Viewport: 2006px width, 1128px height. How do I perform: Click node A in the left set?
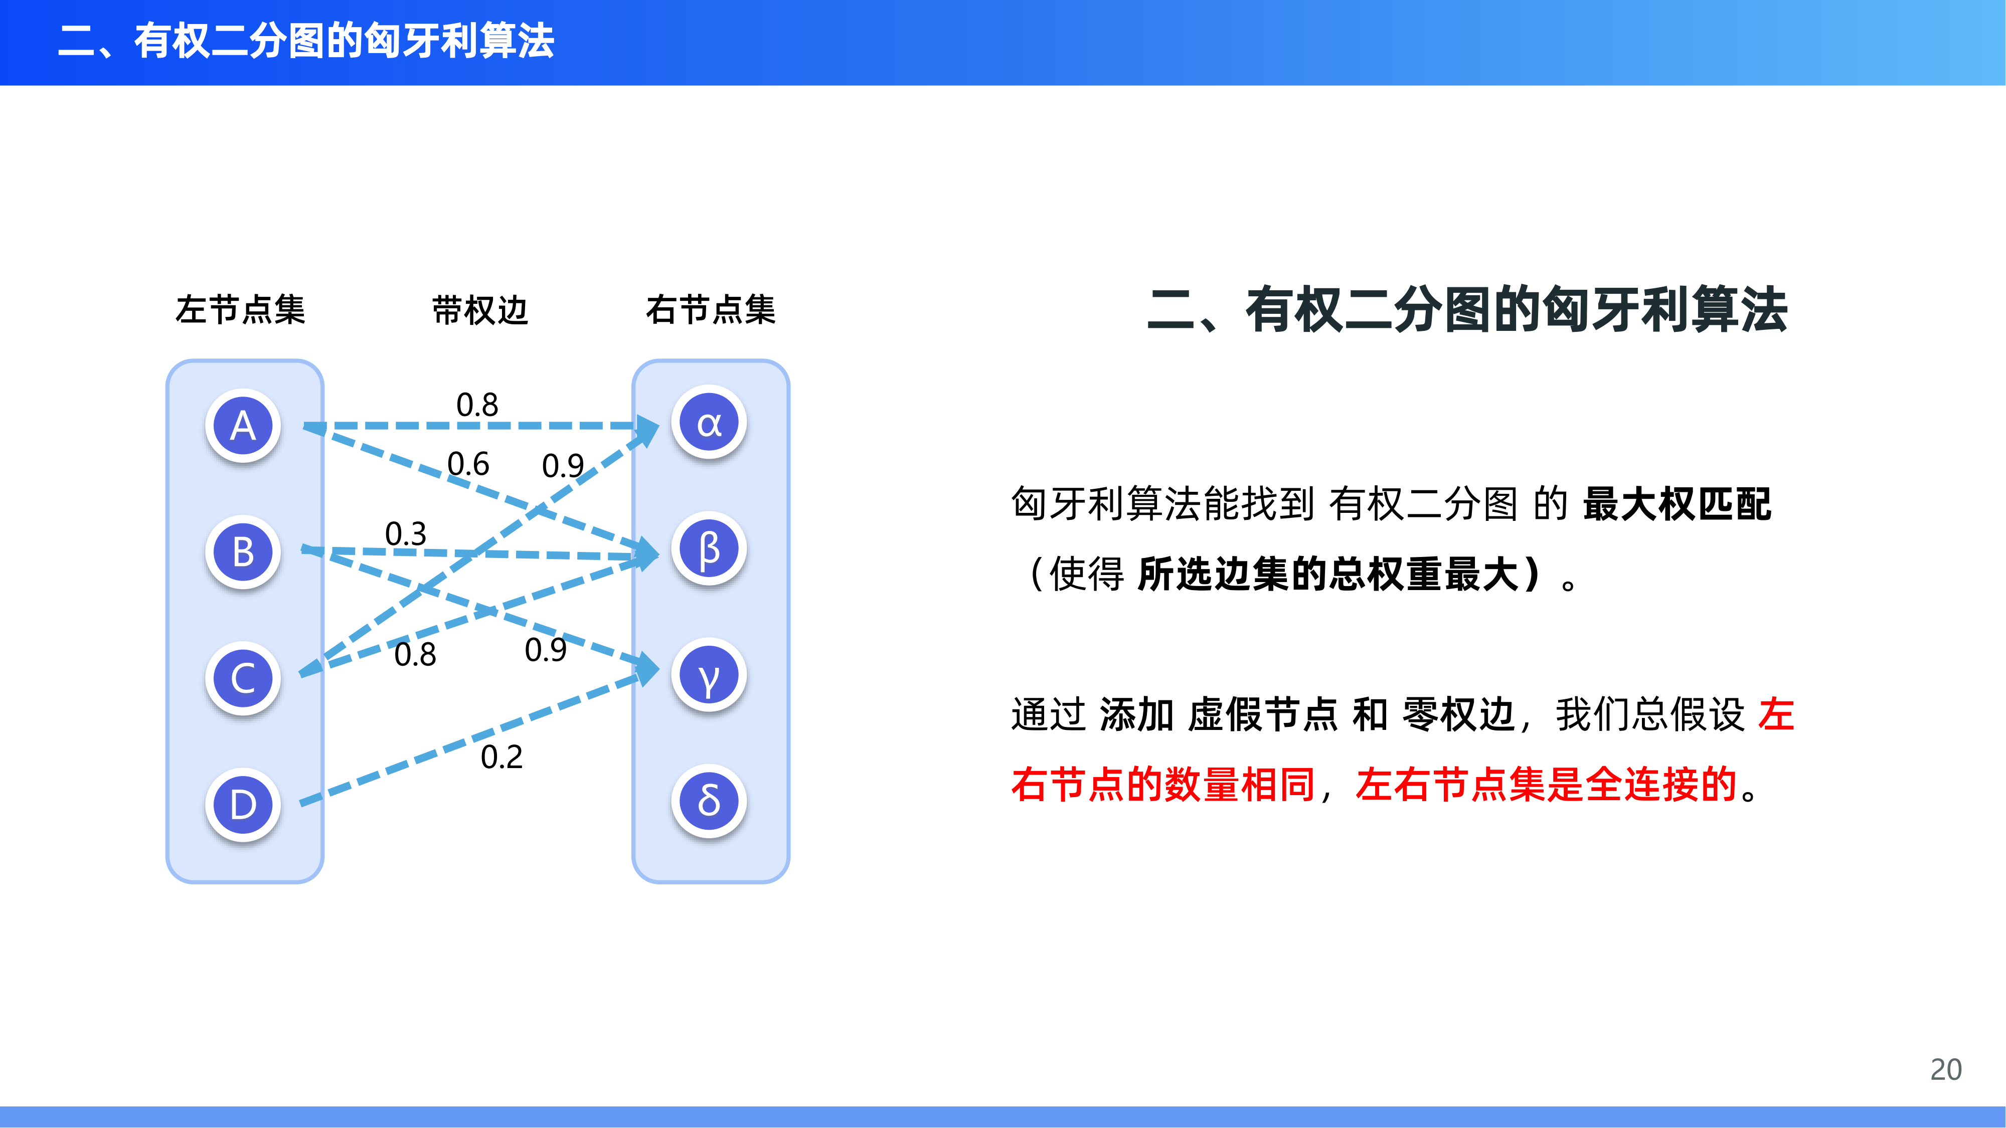pyautogui.click(x=243, y=426)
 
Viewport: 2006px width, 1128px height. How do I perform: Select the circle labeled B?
pyautogui.click(x=243, y=552)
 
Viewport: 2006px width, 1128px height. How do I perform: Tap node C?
pyautogui.click(x=243, y=678)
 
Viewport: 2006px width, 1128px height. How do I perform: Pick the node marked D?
pyautogui.click(x=243, y=804)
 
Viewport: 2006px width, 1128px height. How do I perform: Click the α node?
pyautogui.click(x=709, y=423)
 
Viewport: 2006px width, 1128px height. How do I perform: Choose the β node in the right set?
pyautogui.click(x=709, y=549)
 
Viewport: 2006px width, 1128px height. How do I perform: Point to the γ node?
pyautogui.click(x=709, y=675)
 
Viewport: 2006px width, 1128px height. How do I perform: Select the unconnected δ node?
pyautogui.click(x=709, y=801)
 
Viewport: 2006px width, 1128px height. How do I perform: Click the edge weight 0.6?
pyautogui.click(x=468, y=464)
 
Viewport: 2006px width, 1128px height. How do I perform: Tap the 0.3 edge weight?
pyautogui.click(x=406, y=533)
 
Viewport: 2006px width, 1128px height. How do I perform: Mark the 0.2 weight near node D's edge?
pyautogui.click(x=501, y=757)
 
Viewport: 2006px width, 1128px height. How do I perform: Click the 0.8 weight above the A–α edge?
pyautogui.click(x=476, y=405)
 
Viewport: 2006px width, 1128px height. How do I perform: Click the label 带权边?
pyautogui.click(x=480, y=310)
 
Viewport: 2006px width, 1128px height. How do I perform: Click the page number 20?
pyautogui.click(x=1945, y=1070)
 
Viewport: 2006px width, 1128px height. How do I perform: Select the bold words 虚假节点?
pyautogui.click(x=1263, y=714)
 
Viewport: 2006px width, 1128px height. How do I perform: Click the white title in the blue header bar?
pyautogui.click(x=306, y=41)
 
